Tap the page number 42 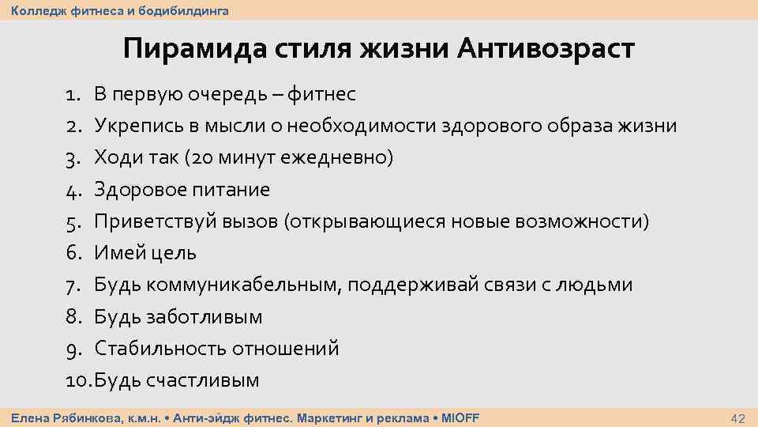coord(738,418)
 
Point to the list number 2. coord(73,127)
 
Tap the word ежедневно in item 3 coord(342,158)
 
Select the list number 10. coord(78,380)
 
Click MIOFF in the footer coord(460,418)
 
